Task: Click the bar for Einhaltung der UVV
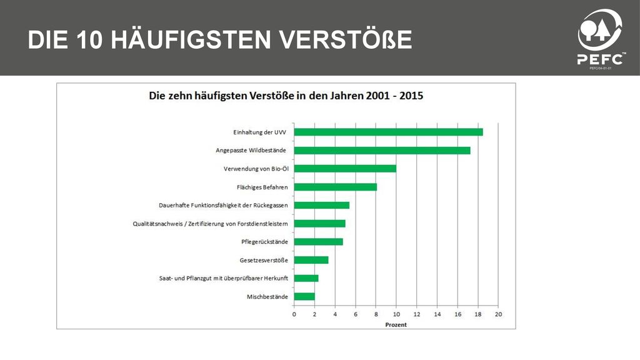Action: pos(388,132)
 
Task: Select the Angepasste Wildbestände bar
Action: pos(382,151)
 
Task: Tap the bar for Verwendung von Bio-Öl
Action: pos(345,169)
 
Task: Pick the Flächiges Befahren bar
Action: pos(335,187)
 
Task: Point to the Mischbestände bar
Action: pos(304,297)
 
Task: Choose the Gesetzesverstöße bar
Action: pos(311,260)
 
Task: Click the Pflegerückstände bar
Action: pos(318,242)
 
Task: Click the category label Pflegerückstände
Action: pos(264,242)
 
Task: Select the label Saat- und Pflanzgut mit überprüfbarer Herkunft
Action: pos(224,278)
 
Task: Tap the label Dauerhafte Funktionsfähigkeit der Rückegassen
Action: pos(223,205)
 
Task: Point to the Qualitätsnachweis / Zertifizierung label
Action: pos(210,224)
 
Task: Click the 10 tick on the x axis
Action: pos(396,314)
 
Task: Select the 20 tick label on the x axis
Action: pos(498,314)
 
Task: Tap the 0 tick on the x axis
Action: pos(294,314)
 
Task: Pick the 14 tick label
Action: pos(437,314)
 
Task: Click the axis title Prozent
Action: pos(396,325)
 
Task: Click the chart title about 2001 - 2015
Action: pos(286,96)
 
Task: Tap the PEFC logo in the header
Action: pos(600,39)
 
